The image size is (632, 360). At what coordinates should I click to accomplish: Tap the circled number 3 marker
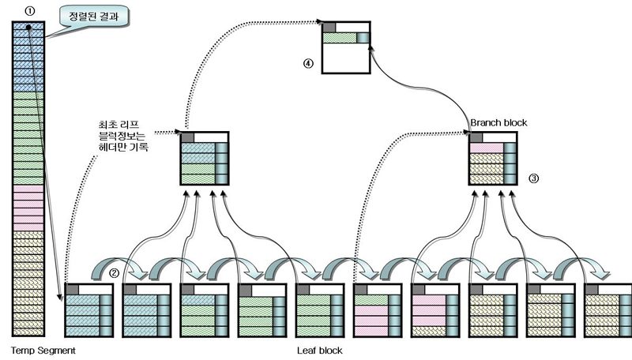[x=534, y=178]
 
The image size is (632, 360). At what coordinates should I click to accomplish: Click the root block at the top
[x=346, y=47]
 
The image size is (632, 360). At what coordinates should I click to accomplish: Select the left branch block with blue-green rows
[x=204, y=158]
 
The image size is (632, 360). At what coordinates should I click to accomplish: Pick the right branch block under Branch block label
[x=492, y=158]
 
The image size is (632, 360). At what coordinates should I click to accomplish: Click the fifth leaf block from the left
[x=320, y=310]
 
